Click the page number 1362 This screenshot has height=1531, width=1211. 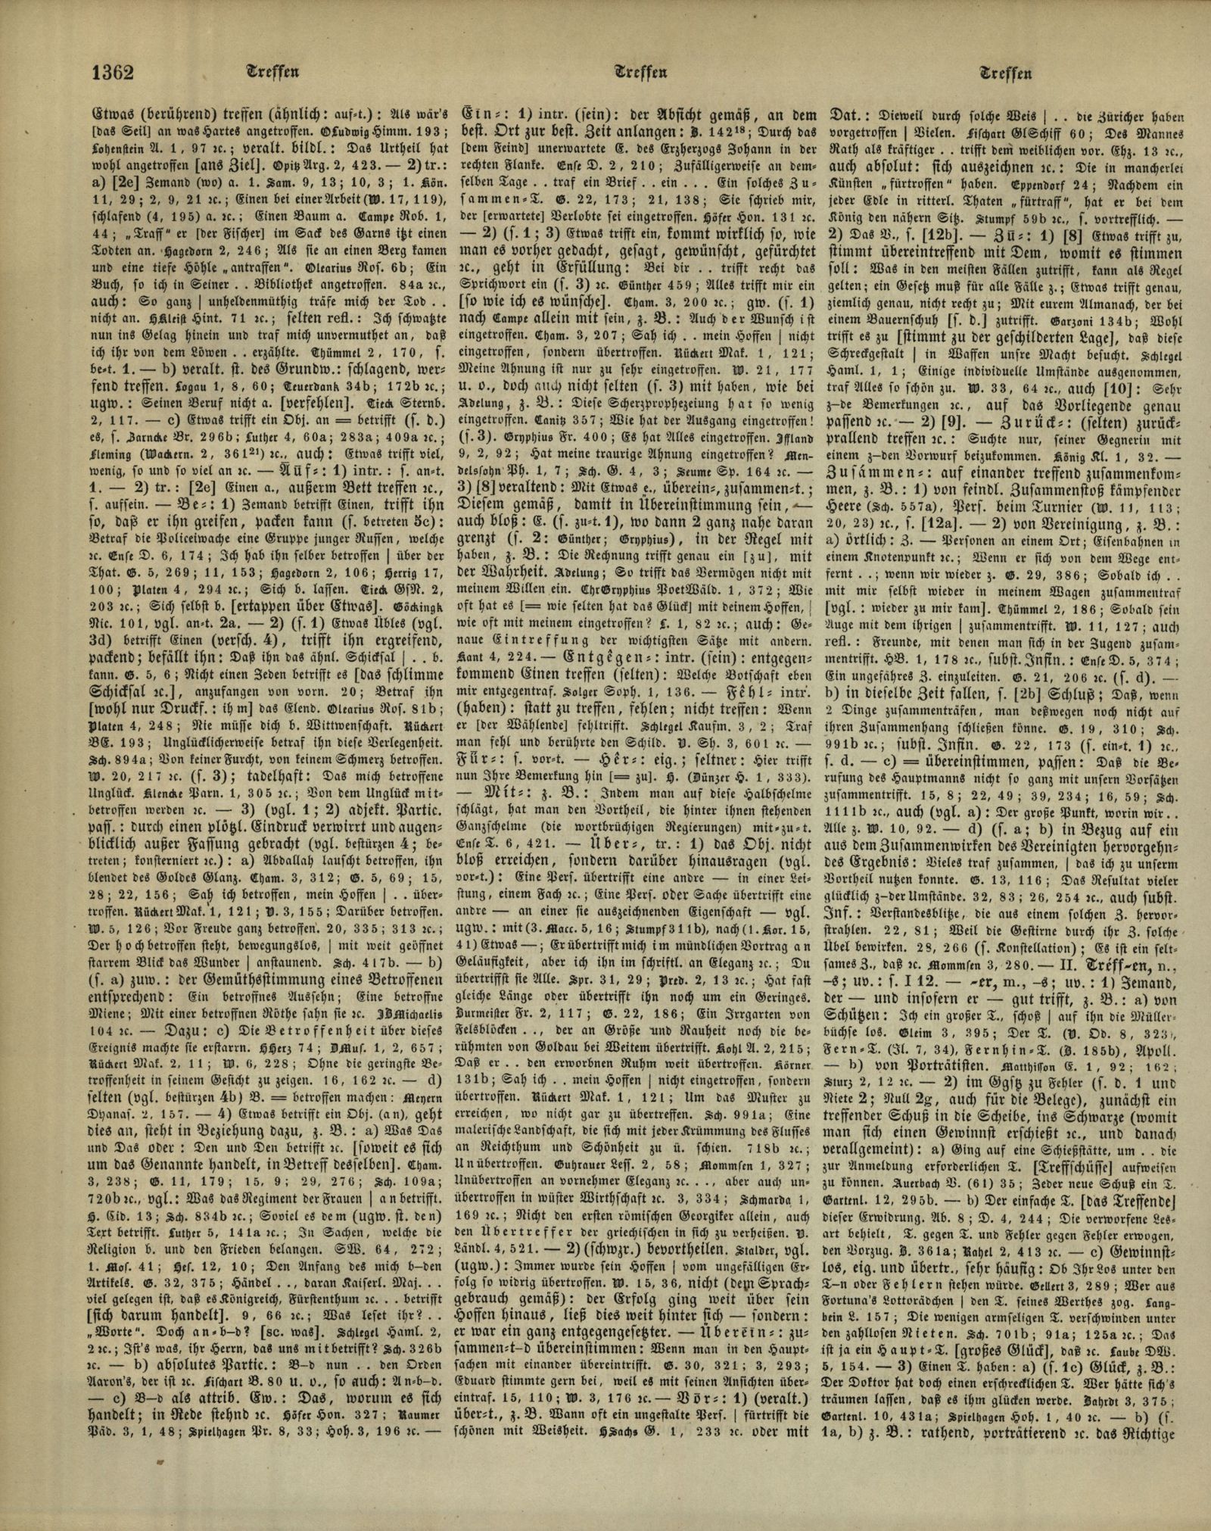(112, 73)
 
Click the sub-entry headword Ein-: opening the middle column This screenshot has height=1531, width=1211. (481, 117)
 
